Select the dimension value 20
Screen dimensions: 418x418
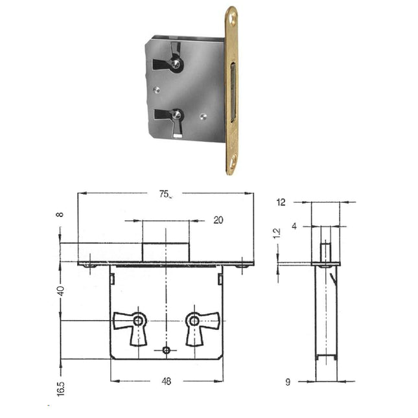pyautogui.click(x=218, y=220)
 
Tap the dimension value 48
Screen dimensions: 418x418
pyautogui.click(x=166, y=382)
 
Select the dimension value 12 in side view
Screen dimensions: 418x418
pyautogui.click(x=281, y=202)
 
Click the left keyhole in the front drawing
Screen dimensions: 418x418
pyautogui.click(x=138, y=321)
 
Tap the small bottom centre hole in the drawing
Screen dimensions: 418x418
pyautogui.click(x=167, y=350)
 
